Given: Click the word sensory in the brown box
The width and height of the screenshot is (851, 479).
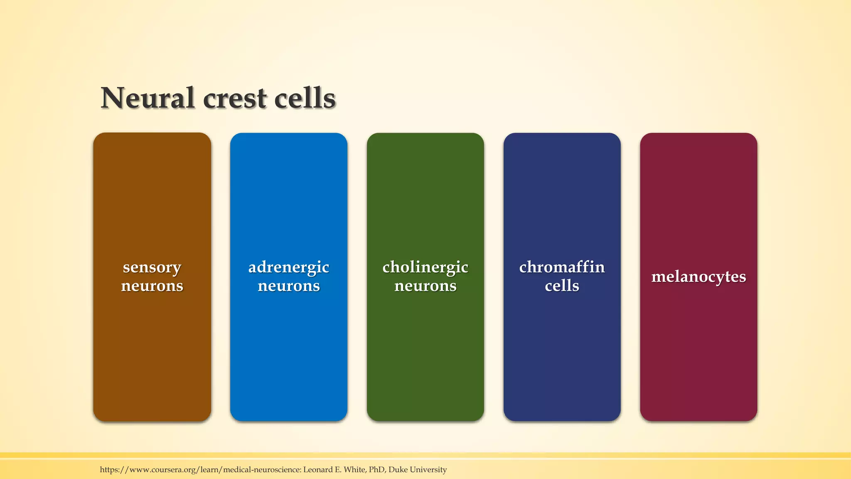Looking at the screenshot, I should click(152, 267).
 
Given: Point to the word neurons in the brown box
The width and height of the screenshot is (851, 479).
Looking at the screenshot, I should click(152, 286).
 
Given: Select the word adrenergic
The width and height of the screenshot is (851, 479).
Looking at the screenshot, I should click(289, 267).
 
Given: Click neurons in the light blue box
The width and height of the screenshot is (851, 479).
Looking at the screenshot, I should click(289, 286).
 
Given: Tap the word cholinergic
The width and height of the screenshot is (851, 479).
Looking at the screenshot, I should click(425, 267).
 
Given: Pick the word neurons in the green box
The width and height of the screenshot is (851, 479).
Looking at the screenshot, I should click(425, 286).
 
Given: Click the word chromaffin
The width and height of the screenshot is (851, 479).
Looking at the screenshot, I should click(562, 267).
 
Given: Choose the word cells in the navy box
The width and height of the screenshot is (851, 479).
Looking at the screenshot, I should click(562, 286).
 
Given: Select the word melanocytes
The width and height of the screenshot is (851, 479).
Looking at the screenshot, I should click(699, 277).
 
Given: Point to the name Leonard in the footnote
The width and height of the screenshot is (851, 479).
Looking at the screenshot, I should click(318, 469).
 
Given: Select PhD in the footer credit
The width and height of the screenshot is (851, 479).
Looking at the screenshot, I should click(376, 469).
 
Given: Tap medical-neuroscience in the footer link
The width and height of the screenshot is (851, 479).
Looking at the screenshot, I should click(262, 469).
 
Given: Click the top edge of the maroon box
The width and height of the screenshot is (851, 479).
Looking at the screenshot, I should click(699, 134).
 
